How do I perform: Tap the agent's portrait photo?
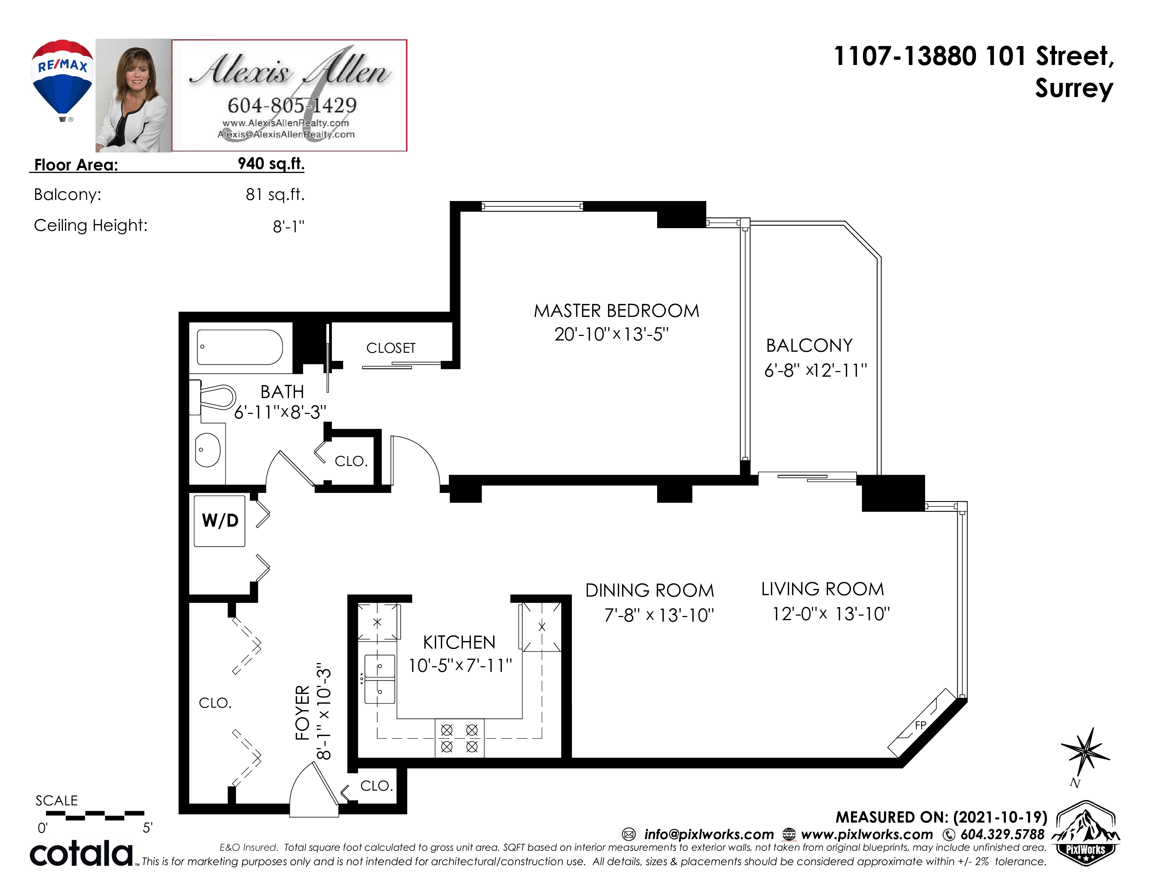pyautogui.click(x=133, y=96)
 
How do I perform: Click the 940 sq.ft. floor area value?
pyautogui.click(x=271, y=163)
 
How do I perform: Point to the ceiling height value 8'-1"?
pyautogui.click(x=289, y=227)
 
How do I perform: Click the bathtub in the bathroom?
pyautogui.click(x=240, y=347)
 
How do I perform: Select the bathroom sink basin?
pyautogui.click(x=208, y=450)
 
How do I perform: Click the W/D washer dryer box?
pyautogui.click(x=220, y=521)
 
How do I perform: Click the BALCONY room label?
pyautogui.click(x=809, y=345)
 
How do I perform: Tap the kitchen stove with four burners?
pyautogui.click(x=460, y=738)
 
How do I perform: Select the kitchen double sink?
pyautogui.click(x=379, y=680)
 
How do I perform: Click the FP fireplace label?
pyautogui.click(x=921, y=725)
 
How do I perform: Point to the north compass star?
pyautogui.click(x=1085, y=752)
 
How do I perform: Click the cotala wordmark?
pyautogui.click(x=81, y=853)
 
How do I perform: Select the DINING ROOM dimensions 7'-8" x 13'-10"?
pyautogui.click(x=659, y=615)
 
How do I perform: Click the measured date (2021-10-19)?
pyautogui.click(x=1000, y=817)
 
